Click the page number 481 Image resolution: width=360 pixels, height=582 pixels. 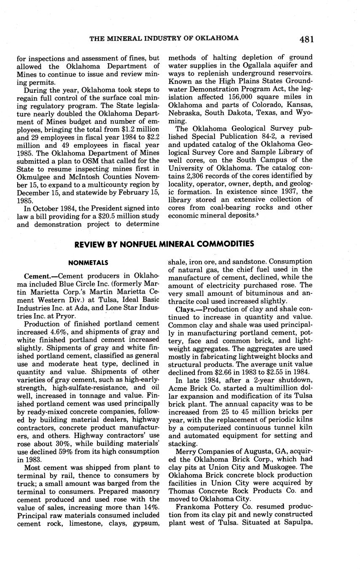(306, 39)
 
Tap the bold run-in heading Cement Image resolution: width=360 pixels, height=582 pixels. (37, 277)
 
